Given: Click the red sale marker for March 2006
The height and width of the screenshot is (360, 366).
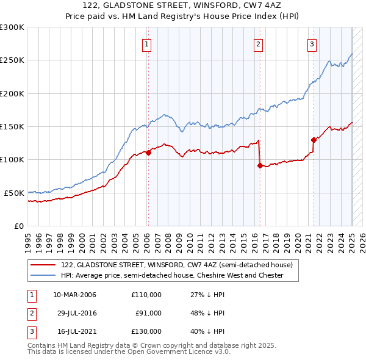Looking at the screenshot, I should pos(148,153).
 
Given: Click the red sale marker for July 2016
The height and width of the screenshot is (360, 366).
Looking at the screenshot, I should pos(260,165).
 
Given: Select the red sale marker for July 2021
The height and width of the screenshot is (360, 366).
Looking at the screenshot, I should pos(314,140).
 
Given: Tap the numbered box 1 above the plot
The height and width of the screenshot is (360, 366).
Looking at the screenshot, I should pos(148,43).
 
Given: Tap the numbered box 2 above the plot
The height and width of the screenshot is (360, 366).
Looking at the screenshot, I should pos(259,43).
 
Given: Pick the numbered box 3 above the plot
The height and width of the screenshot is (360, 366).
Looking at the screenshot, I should pos(312,43).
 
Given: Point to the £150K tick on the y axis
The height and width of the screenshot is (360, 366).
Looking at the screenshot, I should pos(12,126).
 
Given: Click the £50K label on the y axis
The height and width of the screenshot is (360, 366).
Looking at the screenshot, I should pos(14,193).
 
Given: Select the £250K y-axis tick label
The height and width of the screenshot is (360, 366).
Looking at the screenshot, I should pos(12,60).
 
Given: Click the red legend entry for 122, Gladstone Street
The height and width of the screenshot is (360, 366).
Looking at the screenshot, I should pos(177,265).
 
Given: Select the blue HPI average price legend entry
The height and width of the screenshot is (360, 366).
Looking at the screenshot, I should pos(172,275).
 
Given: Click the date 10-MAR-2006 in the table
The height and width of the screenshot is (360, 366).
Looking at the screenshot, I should pos(74,295).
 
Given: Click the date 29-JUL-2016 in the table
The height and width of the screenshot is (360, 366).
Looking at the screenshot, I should pos(74,313).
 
